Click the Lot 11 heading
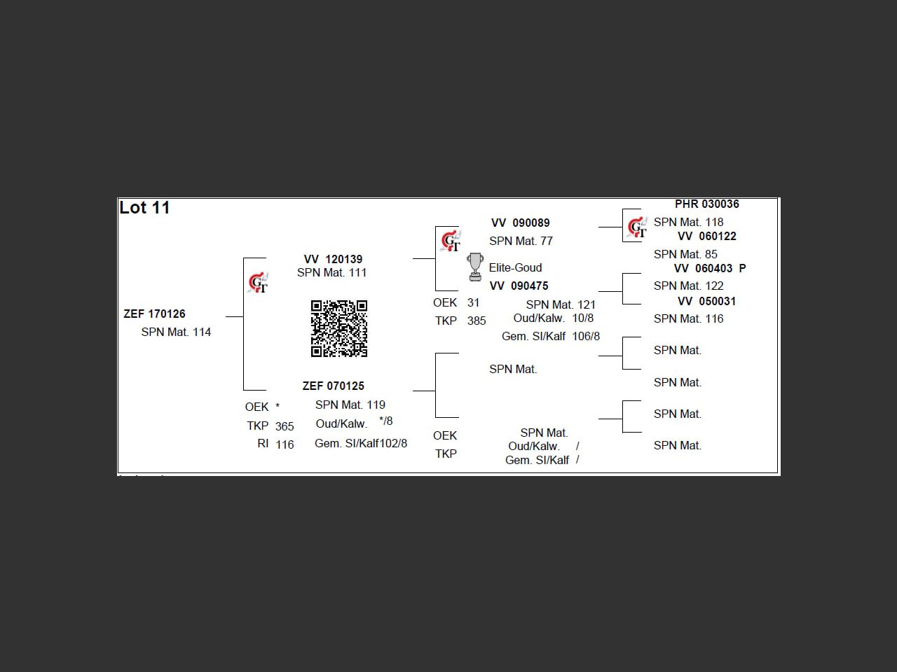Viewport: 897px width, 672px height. coord(144,208)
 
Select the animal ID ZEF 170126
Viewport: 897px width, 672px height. coord(154,314)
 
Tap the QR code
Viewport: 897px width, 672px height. coord(339,328)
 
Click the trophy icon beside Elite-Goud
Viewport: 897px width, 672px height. coord(475,267)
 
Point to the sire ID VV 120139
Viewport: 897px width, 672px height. coord(333,259)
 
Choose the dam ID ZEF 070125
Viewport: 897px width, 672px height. coord(333,386)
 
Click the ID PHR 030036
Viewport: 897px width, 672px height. coord(706,204)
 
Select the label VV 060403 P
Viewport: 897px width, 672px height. coord(709,268)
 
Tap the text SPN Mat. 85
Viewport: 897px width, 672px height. coord(685,254)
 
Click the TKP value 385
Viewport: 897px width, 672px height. coord(477,321)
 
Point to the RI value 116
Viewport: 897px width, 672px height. coord(285,444)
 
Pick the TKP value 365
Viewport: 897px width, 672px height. coord(285,426)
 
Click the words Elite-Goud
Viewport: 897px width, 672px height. coord(515,267)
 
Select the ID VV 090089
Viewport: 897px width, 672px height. coord(520,223)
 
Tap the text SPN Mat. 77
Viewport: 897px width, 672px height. coord(521,241)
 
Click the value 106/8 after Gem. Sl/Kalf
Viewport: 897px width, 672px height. coord(586,336)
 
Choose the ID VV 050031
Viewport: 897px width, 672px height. coord(706,301)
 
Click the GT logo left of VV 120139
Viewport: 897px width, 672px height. coord(258,283)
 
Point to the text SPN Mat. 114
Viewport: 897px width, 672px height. coord(176,332)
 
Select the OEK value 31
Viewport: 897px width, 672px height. coord(473,302)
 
